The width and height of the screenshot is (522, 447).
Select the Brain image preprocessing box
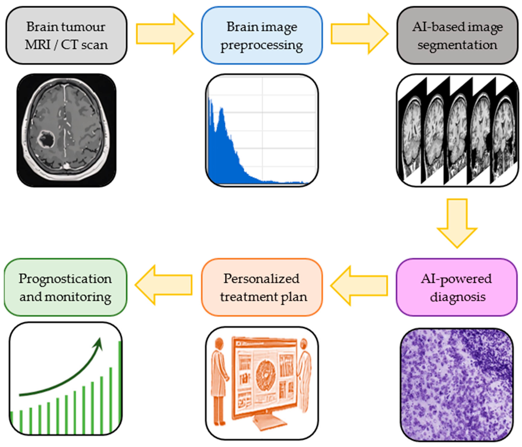pyautogui.click(x=262, y=35)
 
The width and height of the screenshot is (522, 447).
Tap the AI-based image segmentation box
pyautogui.click(x=457, y=35)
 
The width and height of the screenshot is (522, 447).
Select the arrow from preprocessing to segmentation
pyautogui.click(x=359, y=34)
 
